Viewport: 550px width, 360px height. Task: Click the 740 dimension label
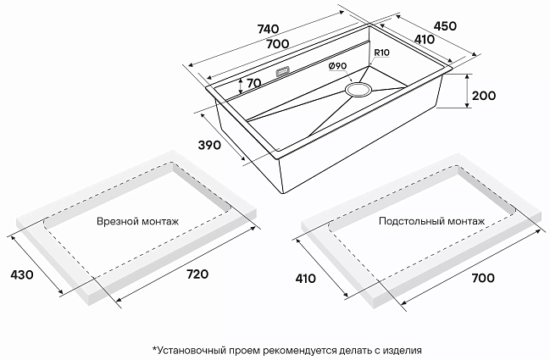click(x=268, y=29)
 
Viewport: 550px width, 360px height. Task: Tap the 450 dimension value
click(x=445, y=26)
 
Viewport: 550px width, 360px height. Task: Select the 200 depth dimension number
click(x=484, y=96)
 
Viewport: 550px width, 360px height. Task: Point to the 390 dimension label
click(x=209, y=145)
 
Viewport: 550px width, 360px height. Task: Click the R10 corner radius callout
click(x=381, y=53)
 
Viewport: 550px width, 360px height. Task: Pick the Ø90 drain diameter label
click(x=338, y=65)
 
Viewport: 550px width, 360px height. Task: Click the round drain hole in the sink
click(x=358, y=89)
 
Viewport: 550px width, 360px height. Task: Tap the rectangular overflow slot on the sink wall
click(x=282, y=71)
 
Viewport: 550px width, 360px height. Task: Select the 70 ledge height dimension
click(x=254, y=83)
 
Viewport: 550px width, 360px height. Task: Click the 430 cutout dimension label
click(x=22, y=274)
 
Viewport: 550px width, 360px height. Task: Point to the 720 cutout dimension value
click(x=197, y=274)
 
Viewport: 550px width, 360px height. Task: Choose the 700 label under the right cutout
click(x=483, y=278)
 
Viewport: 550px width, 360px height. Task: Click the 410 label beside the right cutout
click(x=305, y=279)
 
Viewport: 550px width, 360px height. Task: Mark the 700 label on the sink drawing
click(x=278, y=44)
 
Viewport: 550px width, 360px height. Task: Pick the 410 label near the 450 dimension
click(x=425, y=39)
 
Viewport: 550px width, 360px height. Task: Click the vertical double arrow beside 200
click(x=467, y=91)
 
